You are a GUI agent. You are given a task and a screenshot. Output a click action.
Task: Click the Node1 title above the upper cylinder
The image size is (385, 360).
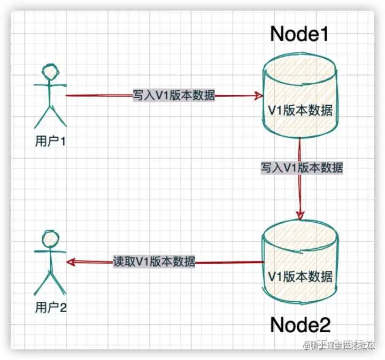pos(299,34)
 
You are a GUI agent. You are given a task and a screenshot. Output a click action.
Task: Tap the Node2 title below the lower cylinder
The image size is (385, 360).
pos(300,324)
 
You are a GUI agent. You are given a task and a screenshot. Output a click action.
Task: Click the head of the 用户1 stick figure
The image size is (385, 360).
pos(50,72)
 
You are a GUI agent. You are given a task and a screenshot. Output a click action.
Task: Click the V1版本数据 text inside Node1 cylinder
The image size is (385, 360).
pos(300,111)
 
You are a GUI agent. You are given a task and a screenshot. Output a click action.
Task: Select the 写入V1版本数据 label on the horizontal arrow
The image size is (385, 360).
pos(174,96)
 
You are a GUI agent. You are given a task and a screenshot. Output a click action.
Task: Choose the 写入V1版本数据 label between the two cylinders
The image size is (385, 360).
pos(302,167)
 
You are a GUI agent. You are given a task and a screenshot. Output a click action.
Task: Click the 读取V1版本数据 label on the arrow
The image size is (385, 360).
pos(154,262)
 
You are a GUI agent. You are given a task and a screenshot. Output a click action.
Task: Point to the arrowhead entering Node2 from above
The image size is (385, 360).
pos(300,215)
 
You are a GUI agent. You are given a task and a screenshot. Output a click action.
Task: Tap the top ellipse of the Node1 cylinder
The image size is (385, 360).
pos(299,72)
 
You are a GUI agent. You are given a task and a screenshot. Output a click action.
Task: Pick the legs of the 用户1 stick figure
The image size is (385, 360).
pos(50,115)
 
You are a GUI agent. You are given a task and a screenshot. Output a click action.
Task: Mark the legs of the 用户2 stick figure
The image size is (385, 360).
pos(50,281)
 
